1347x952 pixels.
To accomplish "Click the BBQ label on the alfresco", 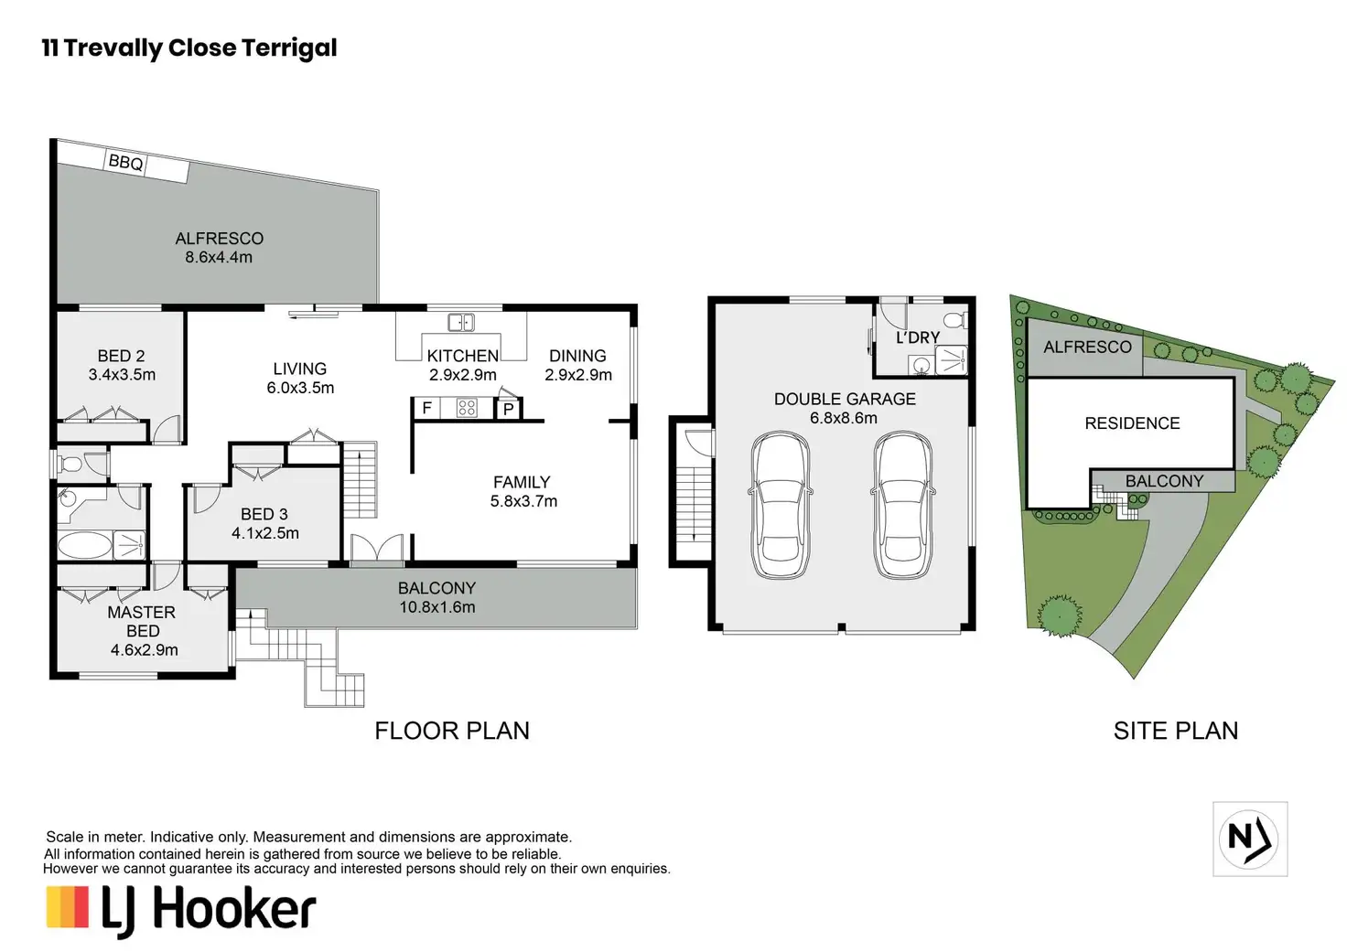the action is point(125,162).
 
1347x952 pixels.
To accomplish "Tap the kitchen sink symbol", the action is point(461,323).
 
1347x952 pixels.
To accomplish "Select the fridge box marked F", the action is point(427,409).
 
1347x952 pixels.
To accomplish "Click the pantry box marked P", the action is point(508,410).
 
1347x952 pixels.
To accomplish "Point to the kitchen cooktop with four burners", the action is point(467,408).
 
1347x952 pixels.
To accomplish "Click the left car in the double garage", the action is point(780,506).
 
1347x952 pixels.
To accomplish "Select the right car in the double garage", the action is point(902,506).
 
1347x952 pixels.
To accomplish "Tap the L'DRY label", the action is point(917,337).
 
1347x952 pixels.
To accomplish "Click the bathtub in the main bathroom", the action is point(84,546).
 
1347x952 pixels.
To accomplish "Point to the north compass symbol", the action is point(1250,839).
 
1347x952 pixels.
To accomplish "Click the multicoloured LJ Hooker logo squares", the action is point(68,906).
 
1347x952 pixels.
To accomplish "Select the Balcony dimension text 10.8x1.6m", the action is point(437,607).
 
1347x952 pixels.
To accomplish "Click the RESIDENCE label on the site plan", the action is point(1132,423).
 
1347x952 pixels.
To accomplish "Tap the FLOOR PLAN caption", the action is point(452,731).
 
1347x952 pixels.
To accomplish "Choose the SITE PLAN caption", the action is point(1176,731).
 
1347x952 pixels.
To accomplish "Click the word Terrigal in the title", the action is point(289,48).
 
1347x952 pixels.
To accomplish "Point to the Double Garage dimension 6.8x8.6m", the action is point(844,418).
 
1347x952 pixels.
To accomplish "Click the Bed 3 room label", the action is point(264,514).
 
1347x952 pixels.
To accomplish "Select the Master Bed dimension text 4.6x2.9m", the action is point(145,649).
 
